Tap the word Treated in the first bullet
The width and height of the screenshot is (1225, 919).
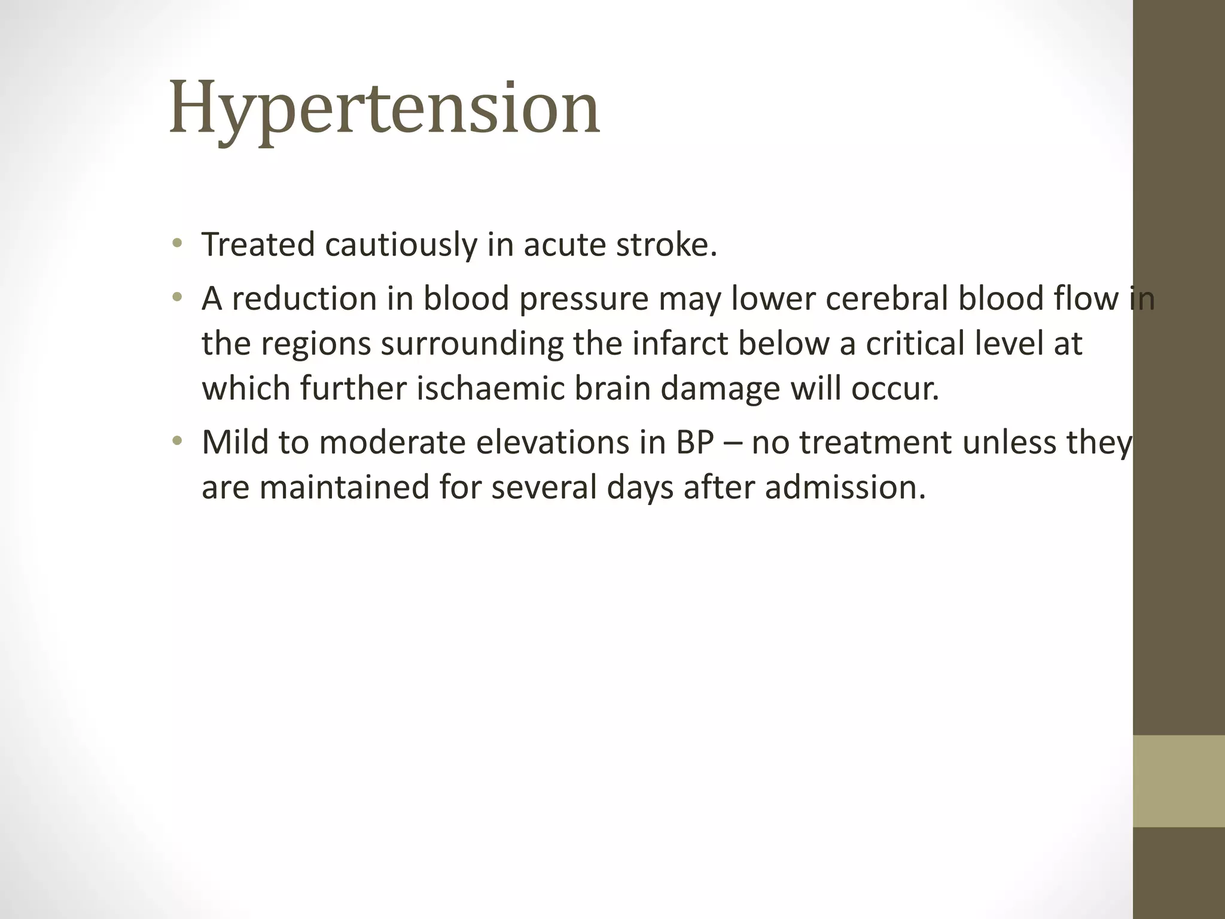pos(258,245)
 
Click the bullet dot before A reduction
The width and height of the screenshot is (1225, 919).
pos(176,297)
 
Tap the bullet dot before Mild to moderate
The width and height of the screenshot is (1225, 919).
pos(176,442)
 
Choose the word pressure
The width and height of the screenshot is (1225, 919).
pos(583,299)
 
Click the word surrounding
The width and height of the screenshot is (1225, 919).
pos(472,345)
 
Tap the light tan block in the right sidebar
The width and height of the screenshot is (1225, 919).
pos(1178,781)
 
